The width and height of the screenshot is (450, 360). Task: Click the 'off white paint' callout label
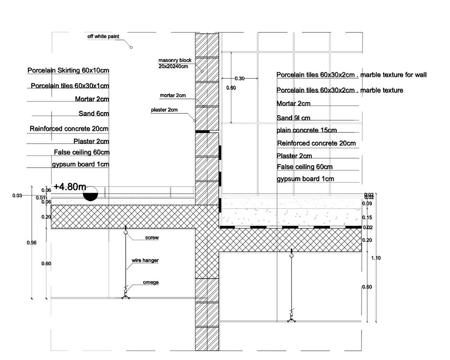point(103,36)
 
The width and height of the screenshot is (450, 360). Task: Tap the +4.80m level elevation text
point(70,187)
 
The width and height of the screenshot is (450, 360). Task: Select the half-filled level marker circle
point(90,194)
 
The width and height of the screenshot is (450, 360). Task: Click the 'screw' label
point(152,238)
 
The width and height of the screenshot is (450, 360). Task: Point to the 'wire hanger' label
point(145,260)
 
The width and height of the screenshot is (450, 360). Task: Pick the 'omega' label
point(151,282)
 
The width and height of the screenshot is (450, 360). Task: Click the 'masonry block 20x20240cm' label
point(175,63)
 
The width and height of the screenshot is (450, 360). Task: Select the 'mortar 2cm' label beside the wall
point(173,95)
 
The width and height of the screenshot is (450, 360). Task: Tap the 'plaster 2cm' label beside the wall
point(164,110)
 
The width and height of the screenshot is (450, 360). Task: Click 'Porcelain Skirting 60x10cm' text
point(68,70)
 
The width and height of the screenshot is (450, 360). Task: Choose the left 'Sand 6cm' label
point(94,113)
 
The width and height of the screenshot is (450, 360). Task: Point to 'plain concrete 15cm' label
point(306,130)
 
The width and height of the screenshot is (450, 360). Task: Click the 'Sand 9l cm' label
point(293,118)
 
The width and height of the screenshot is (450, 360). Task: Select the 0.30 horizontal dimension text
point(239,79)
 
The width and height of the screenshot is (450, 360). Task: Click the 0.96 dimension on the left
point(32,243)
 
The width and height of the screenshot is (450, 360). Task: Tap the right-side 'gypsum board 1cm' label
point(305,179)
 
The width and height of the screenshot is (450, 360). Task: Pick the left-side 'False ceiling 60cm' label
point(82,152)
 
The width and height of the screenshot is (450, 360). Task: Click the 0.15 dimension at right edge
point(367,218)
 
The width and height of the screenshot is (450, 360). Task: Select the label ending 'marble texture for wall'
point(351,75)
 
